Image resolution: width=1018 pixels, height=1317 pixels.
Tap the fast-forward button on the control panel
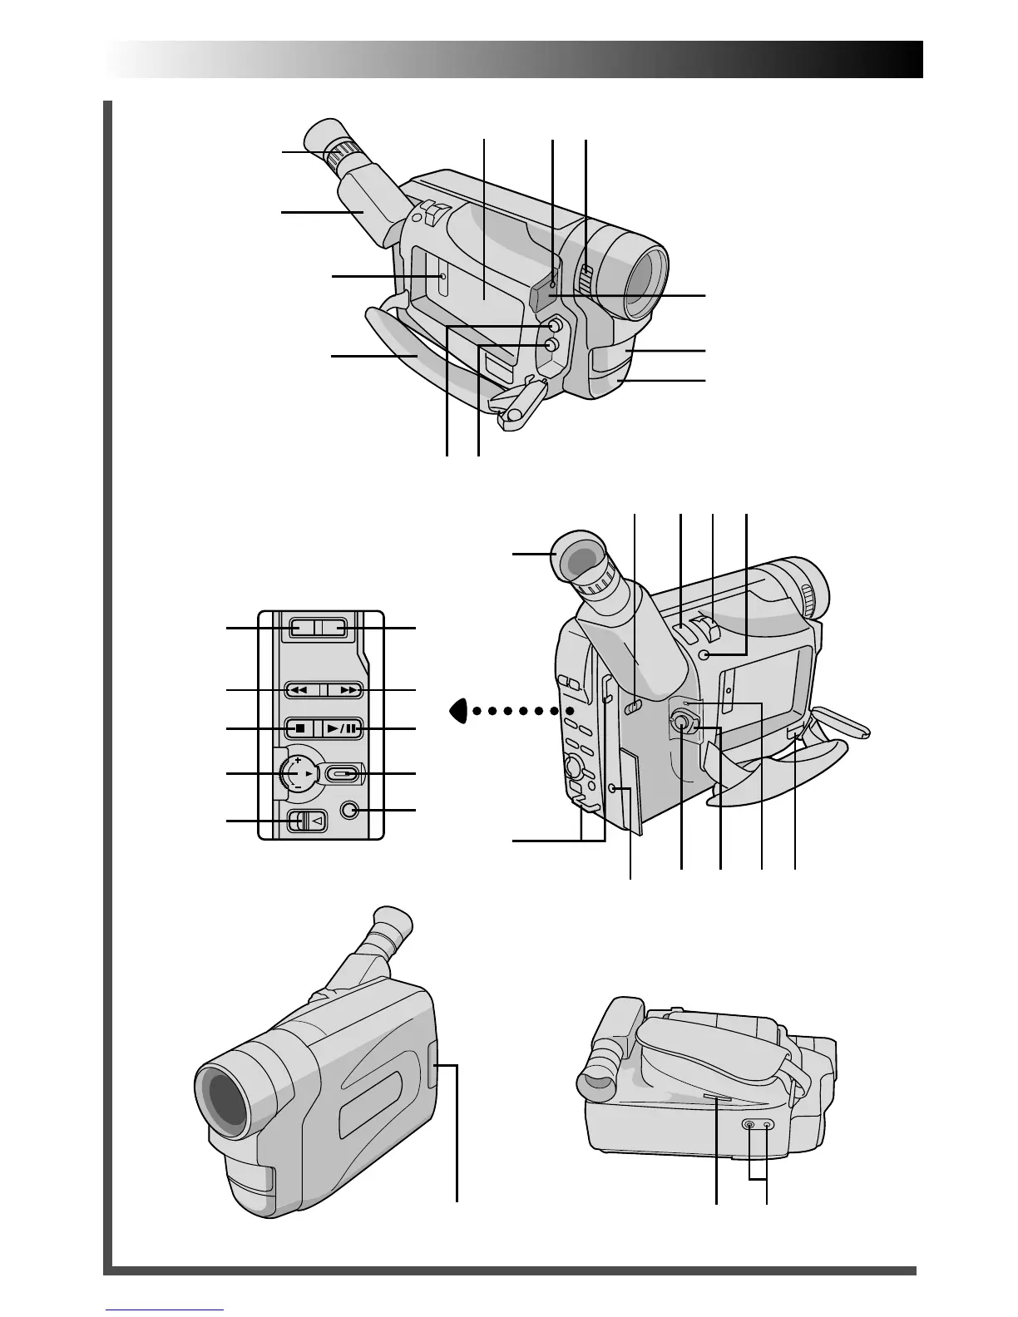click(x=344, y=690)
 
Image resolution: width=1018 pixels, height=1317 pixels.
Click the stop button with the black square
click(x=299, y=728)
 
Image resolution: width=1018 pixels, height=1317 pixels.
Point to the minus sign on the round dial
click(x=297, y=787)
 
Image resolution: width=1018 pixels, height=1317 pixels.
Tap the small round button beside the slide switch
click(x=350, y=810)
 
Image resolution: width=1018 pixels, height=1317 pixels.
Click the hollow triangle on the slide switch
click(x=317, y=821)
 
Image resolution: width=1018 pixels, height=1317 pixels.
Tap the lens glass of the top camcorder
click(x=645, y=283)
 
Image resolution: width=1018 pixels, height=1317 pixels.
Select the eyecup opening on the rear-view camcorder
click(x=579, y=559)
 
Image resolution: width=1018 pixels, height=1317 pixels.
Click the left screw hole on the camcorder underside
click(x=749, y=1124)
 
